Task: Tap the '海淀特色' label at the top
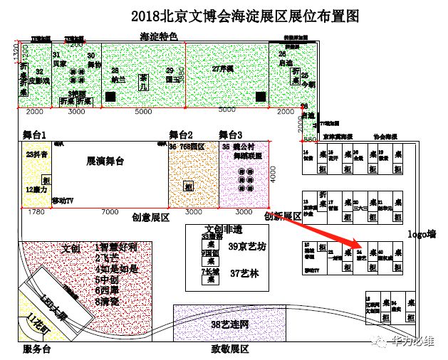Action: (157, 36)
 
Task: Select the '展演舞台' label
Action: (105, 162)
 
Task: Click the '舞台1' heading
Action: (34, 134)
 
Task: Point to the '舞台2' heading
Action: (181, 134)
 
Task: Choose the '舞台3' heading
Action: (231, 134)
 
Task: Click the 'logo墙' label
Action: (420, 234)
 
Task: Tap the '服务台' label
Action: (37, 349)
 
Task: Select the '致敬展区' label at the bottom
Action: (229, 349)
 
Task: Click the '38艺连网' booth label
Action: (231, 325)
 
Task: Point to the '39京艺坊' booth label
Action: (246, 247)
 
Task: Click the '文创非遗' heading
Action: (224, 229)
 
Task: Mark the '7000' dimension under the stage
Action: (110, 213)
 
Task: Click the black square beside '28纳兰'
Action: (106, 95)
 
